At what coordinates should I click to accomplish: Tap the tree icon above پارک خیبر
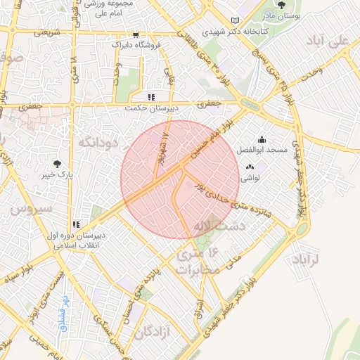(58, 162)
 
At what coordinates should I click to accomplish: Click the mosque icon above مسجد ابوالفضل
(262, 140)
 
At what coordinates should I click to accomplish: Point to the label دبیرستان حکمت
(150, 108)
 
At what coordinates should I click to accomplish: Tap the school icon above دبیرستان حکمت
(150, 98)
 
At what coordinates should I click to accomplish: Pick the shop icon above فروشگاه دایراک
(136, 34)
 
